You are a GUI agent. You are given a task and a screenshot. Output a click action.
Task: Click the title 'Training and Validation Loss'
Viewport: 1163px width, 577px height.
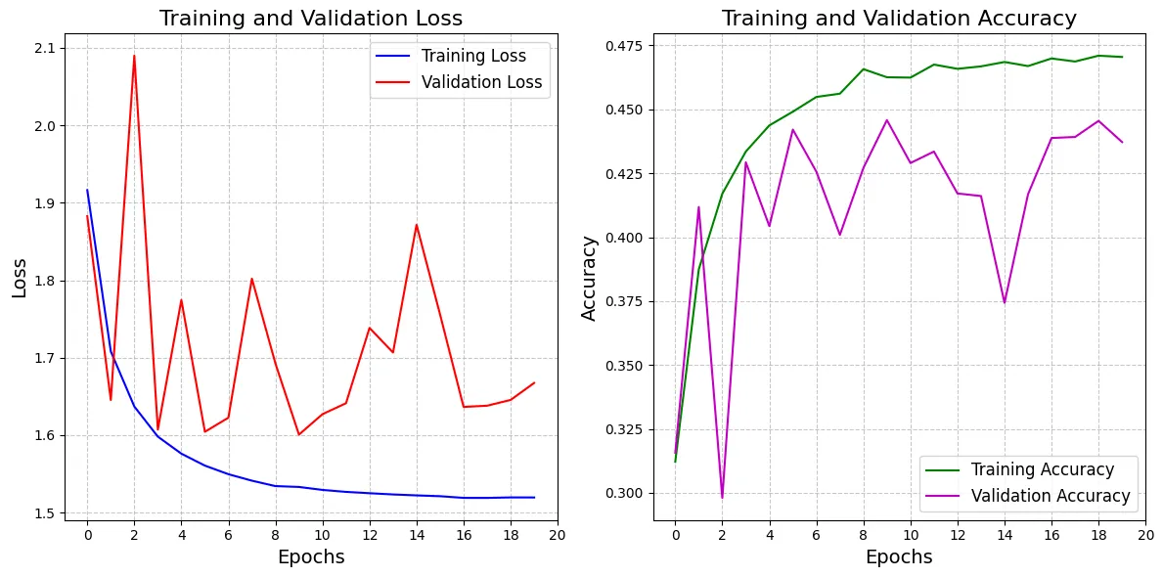pyautogui.click(x=311, y=19)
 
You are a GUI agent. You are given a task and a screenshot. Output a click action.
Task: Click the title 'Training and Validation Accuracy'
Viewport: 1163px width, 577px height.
pyautogui.click(x=899, y=19)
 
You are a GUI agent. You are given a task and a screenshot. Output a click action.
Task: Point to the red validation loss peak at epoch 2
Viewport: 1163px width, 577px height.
pyautogui.click(x=134, y=56)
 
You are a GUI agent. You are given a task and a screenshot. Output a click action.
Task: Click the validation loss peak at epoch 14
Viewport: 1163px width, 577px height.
pyautogui.click(x=417, y=225)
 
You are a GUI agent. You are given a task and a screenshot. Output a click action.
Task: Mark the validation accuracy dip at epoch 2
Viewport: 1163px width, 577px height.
pyautogui.click(x=722, y=498)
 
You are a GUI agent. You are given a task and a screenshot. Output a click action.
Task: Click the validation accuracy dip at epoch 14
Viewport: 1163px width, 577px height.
pyautogui.click(x=1005, y=302)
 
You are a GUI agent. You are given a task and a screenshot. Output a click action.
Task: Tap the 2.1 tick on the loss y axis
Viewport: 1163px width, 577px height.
pyautogui.click(x=48, y=48)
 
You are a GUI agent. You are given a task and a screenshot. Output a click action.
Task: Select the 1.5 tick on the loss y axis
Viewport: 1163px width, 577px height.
pyautogui.click(x=48, y=513)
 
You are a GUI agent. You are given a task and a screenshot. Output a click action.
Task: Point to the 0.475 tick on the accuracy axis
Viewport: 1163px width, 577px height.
pyautogui.click(x=628, y=46)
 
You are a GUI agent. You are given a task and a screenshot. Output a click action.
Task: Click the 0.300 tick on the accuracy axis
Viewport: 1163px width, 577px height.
pyautogui.click(x=628, y=493)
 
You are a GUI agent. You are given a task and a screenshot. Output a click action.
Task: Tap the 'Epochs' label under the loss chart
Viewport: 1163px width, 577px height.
pyautogui.click(x=311, y=557)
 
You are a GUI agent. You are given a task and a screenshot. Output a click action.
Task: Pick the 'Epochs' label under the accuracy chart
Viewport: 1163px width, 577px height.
pyautogui.click(x=899, y=557)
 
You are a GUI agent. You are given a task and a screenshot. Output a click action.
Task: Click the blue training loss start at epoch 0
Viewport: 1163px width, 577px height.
pyautogui.click(x=87, y=190)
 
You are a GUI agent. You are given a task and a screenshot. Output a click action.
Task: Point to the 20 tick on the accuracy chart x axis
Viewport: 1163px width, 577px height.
pyautogui.click(x=1145, y=535)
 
